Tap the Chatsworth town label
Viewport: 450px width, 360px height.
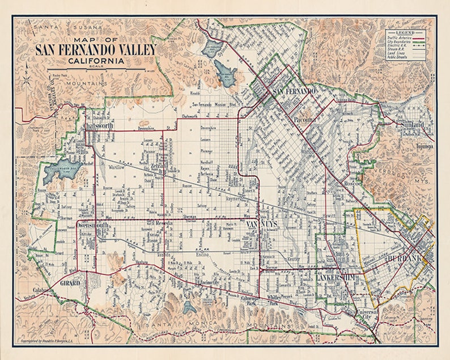click(x=98, y=126)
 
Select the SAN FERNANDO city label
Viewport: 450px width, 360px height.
click(x=293, y=91)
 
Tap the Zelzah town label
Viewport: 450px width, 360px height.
click(x=156, y=164)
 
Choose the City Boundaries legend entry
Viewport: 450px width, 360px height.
click(x=400, y=42)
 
